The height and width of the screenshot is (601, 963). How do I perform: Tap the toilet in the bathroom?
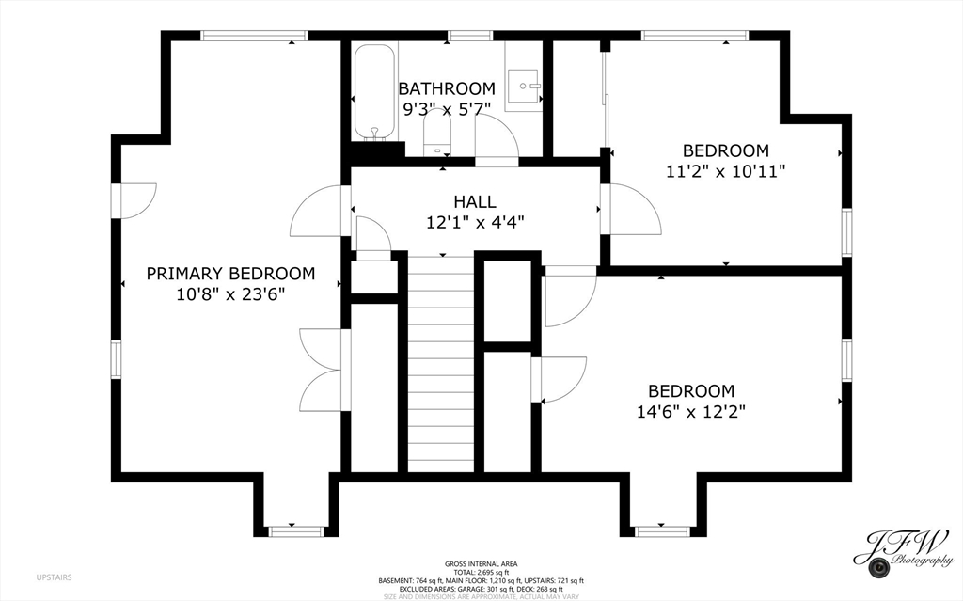[437, 133]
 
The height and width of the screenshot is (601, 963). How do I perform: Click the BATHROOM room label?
[446, 88]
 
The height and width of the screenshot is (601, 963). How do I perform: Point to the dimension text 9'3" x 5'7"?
[446, 108]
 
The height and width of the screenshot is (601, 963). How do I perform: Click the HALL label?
[474, 201]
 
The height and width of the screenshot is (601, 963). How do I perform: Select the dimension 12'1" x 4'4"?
[474, 222]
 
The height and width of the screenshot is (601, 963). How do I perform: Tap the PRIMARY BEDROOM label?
[230, 273]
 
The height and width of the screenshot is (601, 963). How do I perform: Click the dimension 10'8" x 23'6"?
[230, 293]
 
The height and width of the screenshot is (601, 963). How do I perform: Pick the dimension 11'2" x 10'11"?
[725, 170]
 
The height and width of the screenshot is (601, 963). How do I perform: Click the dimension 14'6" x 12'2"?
[690, 411]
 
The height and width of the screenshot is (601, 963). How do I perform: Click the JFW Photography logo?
[903, 550]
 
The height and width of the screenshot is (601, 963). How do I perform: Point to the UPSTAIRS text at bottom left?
[54, 577]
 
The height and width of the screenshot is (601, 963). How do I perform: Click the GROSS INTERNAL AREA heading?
[481, 563]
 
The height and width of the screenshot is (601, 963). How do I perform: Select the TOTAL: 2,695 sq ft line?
[481, 572]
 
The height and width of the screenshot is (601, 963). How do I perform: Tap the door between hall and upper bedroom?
[632, 210]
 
